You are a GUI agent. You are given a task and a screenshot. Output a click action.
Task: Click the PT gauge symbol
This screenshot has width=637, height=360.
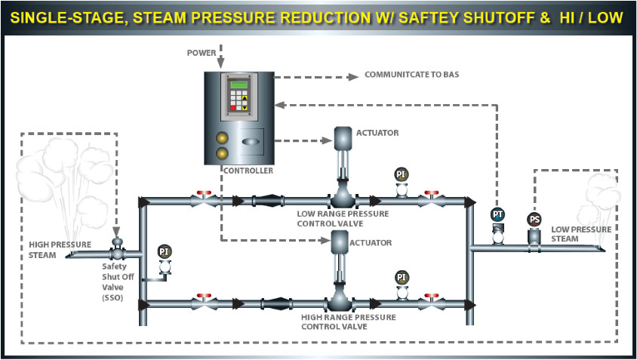pyautogui.click(x=497, y=215)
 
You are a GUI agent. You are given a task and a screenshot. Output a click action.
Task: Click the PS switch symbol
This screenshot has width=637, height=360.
pyautogui.click(x=534, y=220)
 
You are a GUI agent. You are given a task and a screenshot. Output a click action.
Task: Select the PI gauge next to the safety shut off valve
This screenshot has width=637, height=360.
pyautogui.click(x=165, y=251)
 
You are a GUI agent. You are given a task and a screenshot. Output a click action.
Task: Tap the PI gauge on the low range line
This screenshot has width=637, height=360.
pyautogui.click(x=401, y=174)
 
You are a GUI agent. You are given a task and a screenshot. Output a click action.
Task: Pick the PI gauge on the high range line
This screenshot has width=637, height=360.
pyautogui.click(x=401, y=277)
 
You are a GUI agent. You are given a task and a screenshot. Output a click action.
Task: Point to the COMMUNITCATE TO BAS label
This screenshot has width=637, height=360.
pyautogui.click(x=411, y=75)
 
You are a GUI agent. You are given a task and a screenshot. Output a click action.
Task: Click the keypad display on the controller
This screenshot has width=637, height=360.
pyautogui.click(x=239, y=97)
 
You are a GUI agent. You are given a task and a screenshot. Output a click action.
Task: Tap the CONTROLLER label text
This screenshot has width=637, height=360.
pyautogui.click(x=248, y=171)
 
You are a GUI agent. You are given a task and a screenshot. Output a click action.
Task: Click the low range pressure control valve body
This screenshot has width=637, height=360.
pyautogui.click(x=343, y=199)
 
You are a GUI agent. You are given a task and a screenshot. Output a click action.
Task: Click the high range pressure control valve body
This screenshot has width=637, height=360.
pyautogui.click(x=343, y=303)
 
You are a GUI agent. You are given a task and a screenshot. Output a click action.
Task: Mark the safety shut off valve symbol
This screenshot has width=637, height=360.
pyautogui.click(x=117, y=254)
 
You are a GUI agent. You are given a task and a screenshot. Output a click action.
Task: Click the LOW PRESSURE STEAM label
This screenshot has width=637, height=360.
pyautogui.click(x=578, y=234)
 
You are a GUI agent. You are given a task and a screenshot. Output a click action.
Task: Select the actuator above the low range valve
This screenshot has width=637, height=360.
pyautogui.click(x=344, y=137)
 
